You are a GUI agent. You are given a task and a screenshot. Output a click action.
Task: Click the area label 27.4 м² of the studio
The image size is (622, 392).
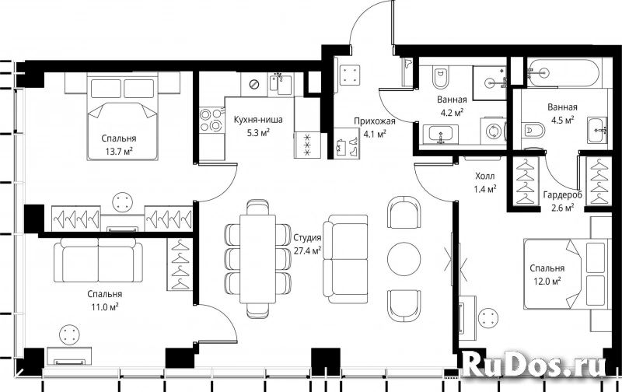click(307, 250)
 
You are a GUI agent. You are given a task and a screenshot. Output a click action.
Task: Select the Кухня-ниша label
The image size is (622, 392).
click(258, 120)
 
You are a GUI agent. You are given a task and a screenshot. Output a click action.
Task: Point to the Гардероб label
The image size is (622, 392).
click(562, 195)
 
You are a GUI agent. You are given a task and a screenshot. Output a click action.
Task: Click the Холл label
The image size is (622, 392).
click(484, 176)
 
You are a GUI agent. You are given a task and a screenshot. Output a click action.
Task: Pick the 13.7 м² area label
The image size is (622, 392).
click(118, 151)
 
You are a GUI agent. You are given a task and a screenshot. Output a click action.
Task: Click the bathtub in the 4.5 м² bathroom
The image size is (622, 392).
click(564, 73)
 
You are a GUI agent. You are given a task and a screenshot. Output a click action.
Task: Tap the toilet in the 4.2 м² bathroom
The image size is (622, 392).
click(440, 78)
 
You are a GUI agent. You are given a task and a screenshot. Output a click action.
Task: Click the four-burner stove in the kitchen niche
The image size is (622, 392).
click(210, 121)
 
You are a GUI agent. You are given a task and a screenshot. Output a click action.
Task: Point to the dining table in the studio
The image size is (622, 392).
click(258, 259)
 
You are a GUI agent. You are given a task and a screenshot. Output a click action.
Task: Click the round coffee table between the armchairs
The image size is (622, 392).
click(404, 259)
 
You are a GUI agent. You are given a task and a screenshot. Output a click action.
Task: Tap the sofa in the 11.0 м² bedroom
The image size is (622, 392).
click(98, 260)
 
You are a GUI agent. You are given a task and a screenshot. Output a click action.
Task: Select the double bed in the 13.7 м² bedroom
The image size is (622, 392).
click(122, 116)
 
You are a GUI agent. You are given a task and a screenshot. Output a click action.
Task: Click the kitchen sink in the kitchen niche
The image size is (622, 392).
click(281, 83)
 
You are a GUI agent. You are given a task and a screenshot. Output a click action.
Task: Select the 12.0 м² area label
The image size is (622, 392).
click(547, 282)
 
